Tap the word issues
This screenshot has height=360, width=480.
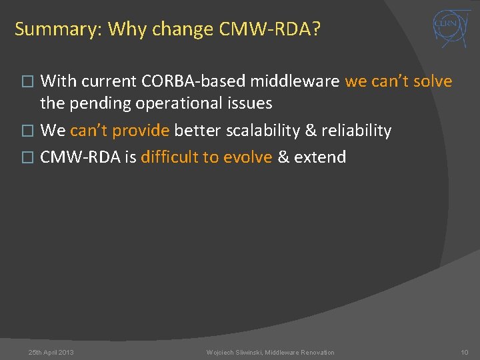(249, 103)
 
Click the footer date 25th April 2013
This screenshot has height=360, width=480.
(51, 352)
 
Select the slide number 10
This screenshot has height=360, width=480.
(464, 352)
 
